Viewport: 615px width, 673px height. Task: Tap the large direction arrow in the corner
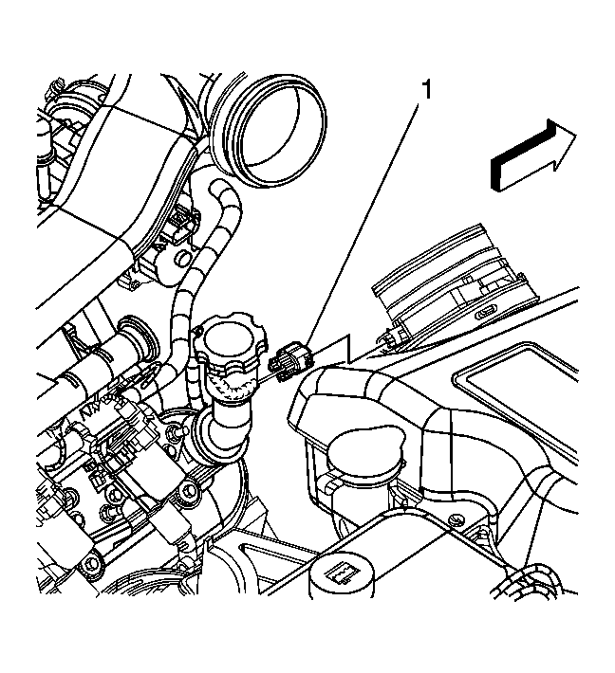click(x=533, y=155)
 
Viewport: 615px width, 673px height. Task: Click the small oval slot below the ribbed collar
click(x=487, y=315)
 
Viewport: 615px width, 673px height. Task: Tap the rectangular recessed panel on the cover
click(x=515, y=373)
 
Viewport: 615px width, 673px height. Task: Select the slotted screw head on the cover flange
click(x=456, y=520)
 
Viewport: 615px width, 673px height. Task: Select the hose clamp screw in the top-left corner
click(x=55, y=87)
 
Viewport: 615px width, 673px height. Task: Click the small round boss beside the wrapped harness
click(x=183, y=259)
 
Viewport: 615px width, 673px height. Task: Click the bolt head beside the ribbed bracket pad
click(x=187, y=489)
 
